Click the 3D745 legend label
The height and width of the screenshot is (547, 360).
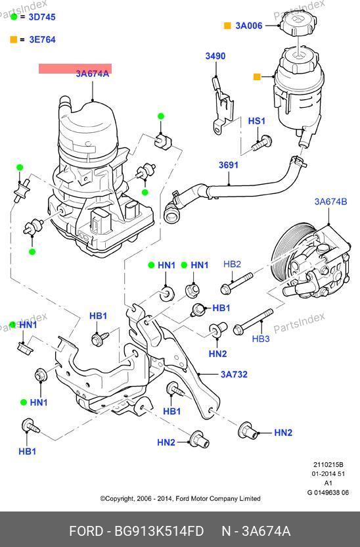point(42,16)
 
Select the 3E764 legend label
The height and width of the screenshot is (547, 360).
point(42,39)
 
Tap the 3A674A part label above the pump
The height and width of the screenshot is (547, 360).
point(93,74)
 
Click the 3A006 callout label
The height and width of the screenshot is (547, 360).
point(249,26)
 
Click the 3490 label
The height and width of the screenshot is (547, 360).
point(215,56)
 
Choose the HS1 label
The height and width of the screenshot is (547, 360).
point(256,121)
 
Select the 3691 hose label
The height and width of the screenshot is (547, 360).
point(229,164)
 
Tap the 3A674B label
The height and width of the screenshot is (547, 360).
point(330,202)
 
